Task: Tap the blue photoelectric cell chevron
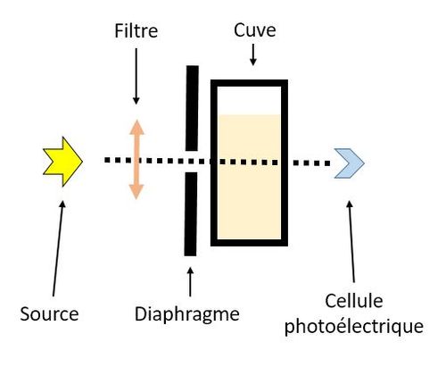(351, 163)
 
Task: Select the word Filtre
(136, 31)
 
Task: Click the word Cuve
(255, 30)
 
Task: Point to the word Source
(49, 313)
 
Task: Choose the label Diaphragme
(187, 314)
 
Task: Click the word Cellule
(354, 301)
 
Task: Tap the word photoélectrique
(354, 327)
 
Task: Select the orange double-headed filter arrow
(136, 159)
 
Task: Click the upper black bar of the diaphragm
(192, 108)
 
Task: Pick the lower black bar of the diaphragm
(191, 214)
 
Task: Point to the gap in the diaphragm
(192, 162)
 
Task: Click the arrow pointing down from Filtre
(136, 76)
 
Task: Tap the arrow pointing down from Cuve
(253, 54)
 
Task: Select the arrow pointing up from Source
(58, 248)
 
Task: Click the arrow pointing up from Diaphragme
(190, 282)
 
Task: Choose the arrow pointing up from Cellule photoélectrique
(351, 242)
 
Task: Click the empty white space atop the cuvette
(249, 100)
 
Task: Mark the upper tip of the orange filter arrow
(136, 120)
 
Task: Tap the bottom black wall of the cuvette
(249, 243)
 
